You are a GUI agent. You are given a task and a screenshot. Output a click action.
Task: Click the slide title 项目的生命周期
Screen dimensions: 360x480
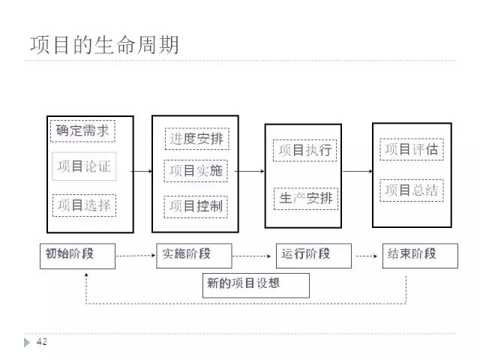[104, 45]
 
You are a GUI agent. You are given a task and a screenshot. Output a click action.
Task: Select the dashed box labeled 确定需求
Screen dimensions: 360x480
[82, 131]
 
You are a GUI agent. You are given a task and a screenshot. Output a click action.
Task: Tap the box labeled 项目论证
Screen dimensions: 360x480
[83, 166]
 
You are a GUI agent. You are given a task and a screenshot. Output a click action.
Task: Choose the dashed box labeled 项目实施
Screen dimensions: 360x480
[196, 171]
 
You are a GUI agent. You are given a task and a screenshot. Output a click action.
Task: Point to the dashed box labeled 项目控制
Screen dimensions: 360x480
[196, 205]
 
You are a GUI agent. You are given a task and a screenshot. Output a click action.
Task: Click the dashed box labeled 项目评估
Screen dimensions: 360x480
[411, 149]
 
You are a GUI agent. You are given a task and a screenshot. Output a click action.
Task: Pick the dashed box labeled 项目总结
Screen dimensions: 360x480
[411, 190]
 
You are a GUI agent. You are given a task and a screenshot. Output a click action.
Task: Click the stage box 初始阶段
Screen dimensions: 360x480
[78, 255]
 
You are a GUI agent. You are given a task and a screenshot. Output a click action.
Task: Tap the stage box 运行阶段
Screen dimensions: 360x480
[313, 255]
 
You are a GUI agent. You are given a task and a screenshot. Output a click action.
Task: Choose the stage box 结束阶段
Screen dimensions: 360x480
[420, 255]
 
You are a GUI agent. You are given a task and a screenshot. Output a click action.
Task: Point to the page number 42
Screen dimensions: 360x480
[42, 343]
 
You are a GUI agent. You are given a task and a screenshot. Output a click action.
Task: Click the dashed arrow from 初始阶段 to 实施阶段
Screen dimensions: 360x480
[136, 256]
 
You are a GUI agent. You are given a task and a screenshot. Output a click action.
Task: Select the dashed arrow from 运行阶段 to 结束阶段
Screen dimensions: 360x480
[367, 256]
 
